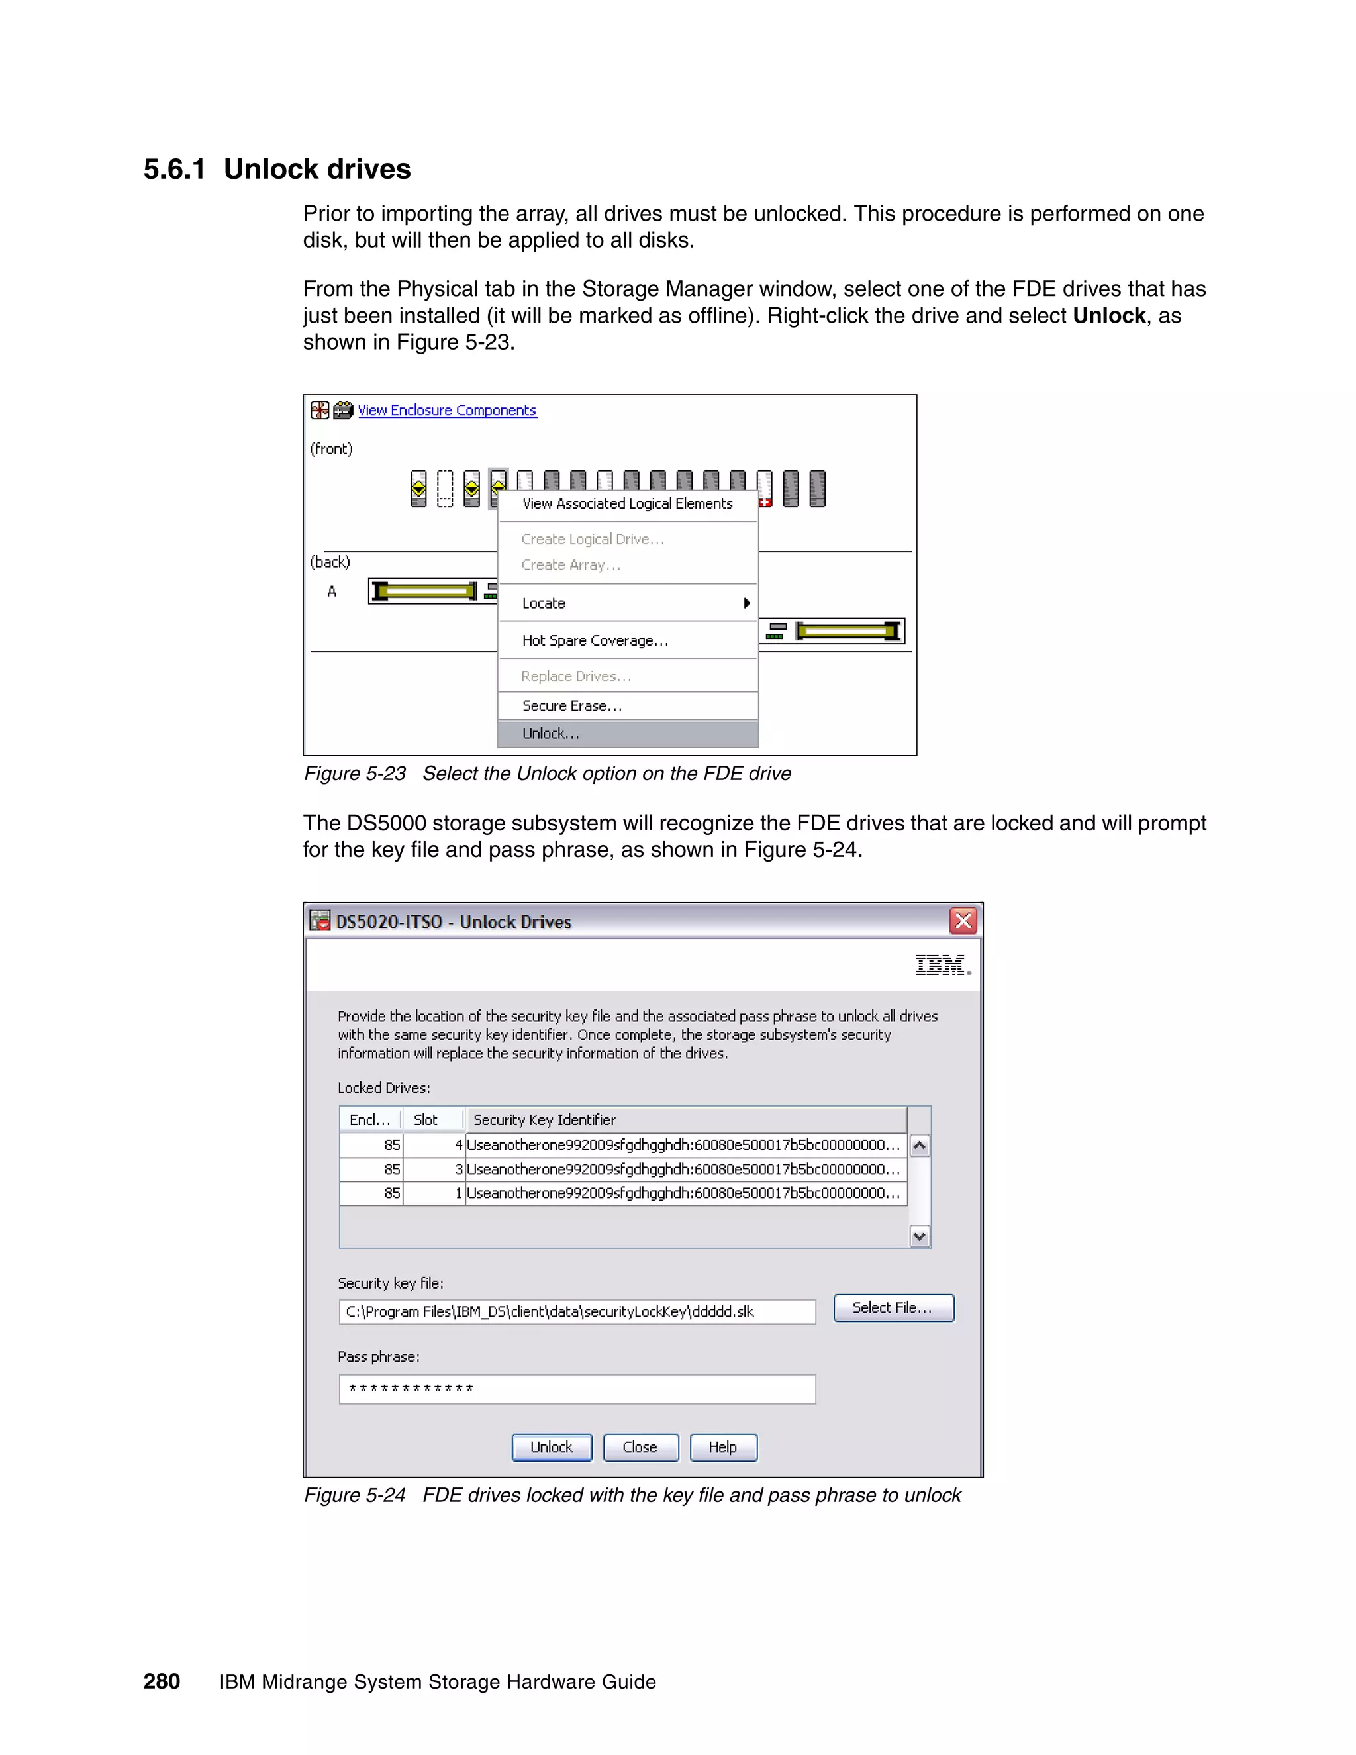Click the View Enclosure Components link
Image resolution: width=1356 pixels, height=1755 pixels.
pyautogui.click(x=447, y=410)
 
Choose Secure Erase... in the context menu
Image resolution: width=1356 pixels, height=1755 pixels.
pyautogui.click(x=572, y=705)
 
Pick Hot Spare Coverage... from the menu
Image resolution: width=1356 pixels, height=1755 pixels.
pyautogui.click(x=595, y=640)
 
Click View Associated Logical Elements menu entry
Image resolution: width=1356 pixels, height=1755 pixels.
pyautogui.click(x=626, y=504)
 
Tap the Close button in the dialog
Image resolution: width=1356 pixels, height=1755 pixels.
pyautogui.click(x=640, y=1447)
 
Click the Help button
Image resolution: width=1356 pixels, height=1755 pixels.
pyautogui.click(x=723, y=1447)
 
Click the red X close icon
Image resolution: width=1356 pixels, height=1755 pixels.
pyautogui.click(x=963, y=921)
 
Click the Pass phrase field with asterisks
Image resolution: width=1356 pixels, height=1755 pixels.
pyautogui.click(x=577, y=1389)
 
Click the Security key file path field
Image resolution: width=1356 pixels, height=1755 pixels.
pyautogui.click(x=577, y=1311)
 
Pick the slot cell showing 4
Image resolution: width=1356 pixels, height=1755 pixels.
pyautogui.click(x=434, y=1145)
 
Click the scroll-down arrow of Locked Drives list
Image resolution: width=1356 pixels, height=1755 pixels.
pyautogui.click(x=920, y=1236)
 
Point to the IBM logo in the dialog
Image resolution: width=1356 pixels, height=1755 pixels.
pyautogui.click(x=942, y=965)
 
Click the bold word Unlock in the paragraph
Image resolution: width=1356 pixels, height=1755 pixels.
pyautogui.click(x=1108, y=315)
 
